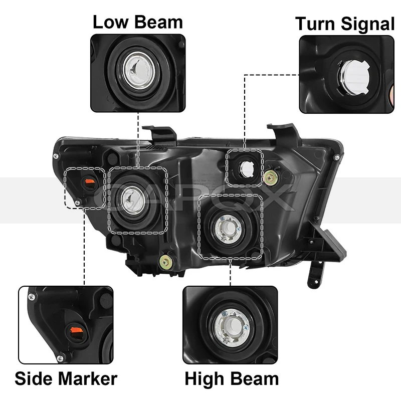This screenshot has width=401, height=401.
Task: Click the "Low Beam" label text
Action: [x=138, y=22]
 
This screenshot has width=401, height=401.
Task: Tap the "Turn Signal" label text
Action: [x=345, y=24]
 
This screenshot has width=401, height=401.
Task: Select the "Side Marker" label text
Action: [x=66, y=378]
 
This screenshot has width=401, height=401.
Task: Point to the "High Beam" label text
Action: [x=232, y=378]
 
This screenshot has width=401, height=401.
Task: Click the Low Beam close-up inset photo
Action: [x=138, y=73]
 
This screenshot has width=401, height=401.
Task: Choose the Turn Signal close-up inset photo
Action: [x=346, y=74]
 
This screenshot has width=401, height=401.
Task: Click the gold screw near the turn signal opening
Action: [x=272, y=175]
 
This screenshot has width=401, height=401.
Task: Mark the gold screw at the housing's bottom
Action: [x=164, y=261]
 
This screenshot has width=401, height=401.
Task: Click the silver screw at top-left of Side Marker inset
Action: [x=32, y=297]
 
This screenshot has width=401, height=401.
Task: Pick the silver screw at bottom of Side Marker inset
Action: [x=61, y=358]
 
